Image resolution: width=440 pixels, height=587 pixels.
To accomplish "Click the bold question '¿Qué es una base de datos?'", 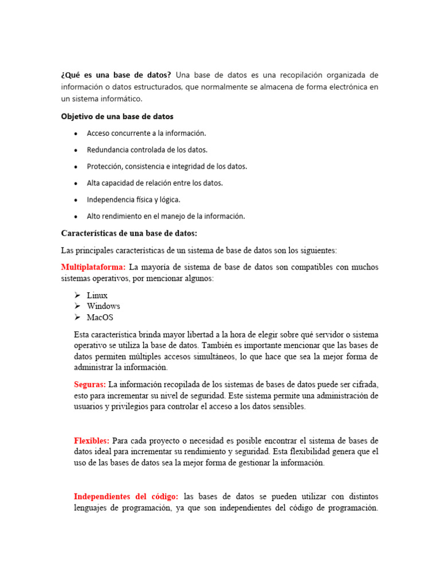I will tap(116, 75).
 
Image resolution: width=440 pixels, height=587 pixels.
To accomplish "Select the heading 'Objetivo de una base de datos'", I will tap(117, 116).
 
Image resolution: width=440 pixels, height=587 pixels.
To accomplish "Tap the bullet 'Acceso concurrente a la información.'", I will tap(146, 133).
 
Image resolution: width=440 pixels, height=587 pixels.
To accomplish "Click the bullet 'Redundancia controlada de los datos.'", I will tap(147, 150).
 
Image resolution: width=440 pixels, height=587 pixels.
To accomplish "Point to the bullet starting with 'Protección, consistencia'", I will tap(167, 166).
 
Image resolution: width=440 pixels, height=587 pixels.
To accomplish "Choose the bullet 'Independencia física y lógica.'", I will tap(133, 199).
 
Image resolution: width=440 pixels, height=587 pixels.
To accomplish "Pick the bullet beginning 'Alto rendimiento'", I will tap(166, 216).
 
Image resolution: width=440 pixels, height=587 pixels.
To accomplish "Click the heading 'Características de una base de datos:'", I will tap(129, 233).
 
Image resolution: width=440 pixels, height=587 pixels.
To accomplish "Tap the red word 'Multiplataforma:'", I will tap(93, 267).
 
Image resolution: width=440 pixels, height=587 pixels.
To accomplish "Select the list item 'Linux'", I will tap(97, 295).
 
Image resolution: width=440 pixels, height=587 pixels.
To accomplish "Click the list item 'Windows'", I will tap(103, 306).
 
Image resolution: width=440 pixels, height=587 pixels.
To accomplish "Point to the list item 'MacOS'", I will tap(100, 317).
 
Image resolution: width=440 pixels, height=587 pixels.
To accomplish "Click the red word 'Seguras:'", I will tap(90, 384).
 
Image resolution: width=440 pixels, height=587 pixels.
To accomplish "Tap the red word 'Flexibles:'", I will tap(92, 440).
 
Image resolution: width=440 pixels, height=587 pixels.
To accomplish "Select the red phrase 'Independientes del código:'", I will tap(126, 496).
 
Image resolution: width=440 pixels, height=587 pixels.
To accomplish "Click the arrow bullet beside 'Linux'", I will tap(77, 295).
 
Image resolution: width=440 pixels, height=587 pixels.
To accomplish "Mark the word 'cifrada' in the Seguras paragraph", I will tap(365, 384).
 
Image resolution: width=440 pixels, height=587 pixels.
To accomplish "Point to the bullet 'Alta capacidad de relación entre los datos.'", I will tap(155, 183).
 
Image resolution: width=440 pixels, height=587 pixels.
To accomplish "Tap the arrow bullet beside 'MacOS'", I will tap(77, 317).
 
